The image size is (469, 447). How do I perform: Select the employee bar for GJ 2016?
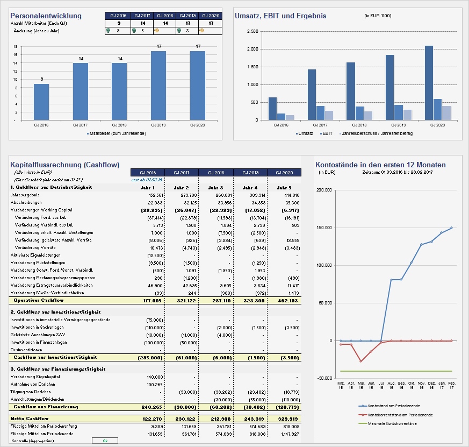coord(41,102)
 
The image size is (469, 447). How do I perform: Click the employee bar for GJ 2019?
coord(158,86)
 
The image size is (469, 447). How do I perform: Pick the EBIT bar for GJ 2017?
coord(320,112)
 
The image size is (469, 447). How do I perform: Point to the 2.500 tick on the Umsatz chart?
coord(251,31)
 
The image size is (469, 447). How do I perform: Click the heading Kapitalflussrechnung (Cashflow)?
coord(64,165)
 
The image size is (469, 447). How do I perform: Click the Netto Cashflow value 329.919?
coord(287,418)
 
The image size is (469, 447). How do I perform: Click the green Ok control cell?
coord(105,441)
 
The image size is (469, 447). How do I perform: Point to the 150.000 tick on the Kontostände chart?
coord(324,228)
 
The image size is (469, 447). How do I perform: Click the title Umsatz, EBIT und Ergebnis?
coord(280,16)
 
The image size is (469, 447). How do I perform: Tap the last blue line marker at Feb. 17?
coord(451,228)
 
